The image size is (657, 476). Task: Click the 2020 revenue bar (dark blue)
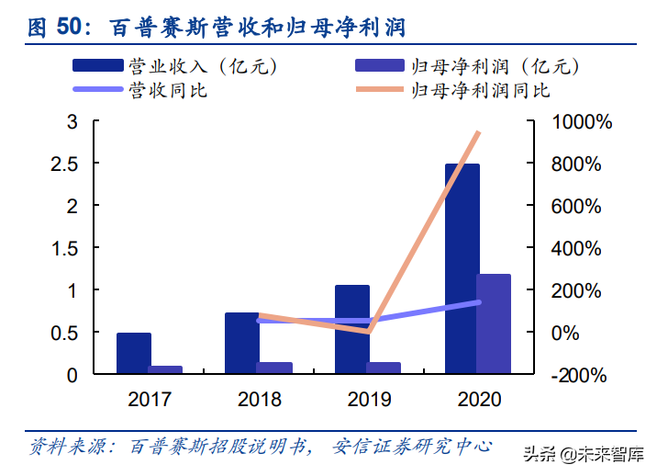[462, 268]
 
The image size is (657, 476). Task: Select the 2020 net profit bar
[494, 323]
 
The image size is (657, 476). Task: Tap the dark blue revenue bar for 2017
[134, 353]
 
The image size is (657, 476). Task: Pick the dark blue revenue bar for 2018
[241, 343]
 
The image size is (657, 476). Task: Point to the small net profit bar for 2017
[165, 369]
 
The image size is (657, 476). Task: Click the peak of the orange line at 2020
[478, 133]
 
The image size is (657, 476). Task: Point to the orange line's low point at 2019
[368, 331]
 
